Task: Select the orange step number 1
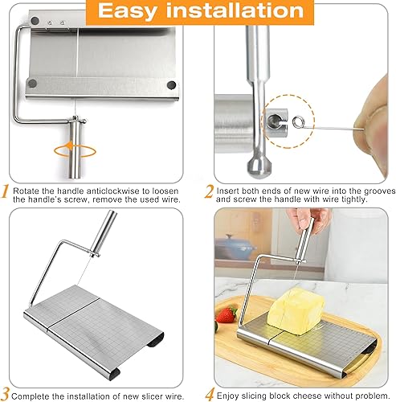(6, 192)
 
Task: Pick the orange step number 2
(209, 192)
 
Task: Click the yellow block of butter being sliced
(293, 306)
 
